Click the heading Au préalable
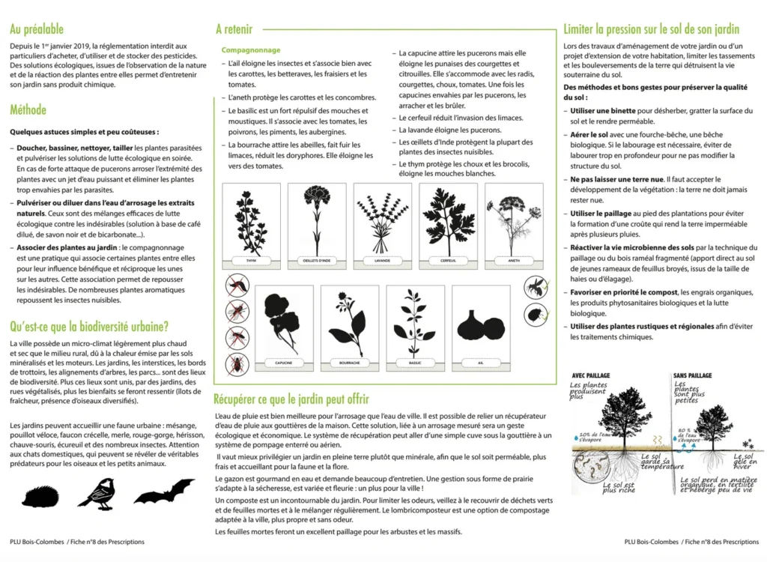pos(36,30)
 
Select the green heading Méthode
pos(28,110)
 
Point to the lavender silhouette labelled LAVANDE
pos(383,223)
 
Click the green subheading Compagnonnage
pos(251,50)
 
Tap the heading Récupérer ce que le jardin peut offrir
pos(291,399)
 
